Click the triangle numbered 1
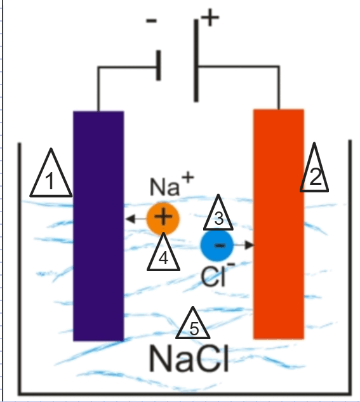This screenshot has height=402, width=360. click(x=51, y=177)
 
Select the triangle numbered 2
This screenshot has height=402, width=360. click(x=314, y=171)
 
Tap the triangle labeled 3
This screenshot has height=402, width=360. click(x=218, y=215)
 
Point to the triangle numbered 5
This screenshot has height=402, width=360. click(x=192, y=326)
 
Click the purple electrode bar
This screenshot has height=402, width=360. click(x=98, y=226)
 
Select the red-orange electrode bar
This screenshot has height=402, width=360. click(x=279, y=224)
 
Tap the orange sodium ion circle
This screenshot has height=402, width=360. click(x=163, y=218)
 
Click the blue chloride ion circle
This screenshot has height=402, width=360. click(x=217, y=245)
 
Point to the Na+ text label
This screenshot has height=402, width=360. click(x=171, y=184)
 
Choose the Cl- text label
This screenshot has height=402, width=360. click(x=218, y=274)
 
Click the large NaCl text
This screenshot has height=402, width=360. click(x=189, y=358)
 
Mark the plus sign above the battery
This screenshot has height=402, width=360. click(x=210, y=17)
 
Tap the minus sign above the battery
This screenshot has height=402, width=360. click(x=151, y=21)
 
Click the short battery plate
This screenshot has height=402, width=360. click(x=159, y=65)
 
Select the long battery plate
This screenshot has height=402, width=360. click(x=196, y=60)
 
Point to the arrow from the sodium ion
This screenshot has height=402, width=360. click(x=136, y=218)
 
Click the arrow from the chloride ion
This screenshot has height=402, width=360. click(x=244, y=245)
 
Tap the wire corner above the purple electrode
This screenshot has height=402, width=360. click(x=98, y=67)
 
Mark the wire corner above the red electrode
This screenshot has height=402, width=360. click(x=279, y=67)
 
